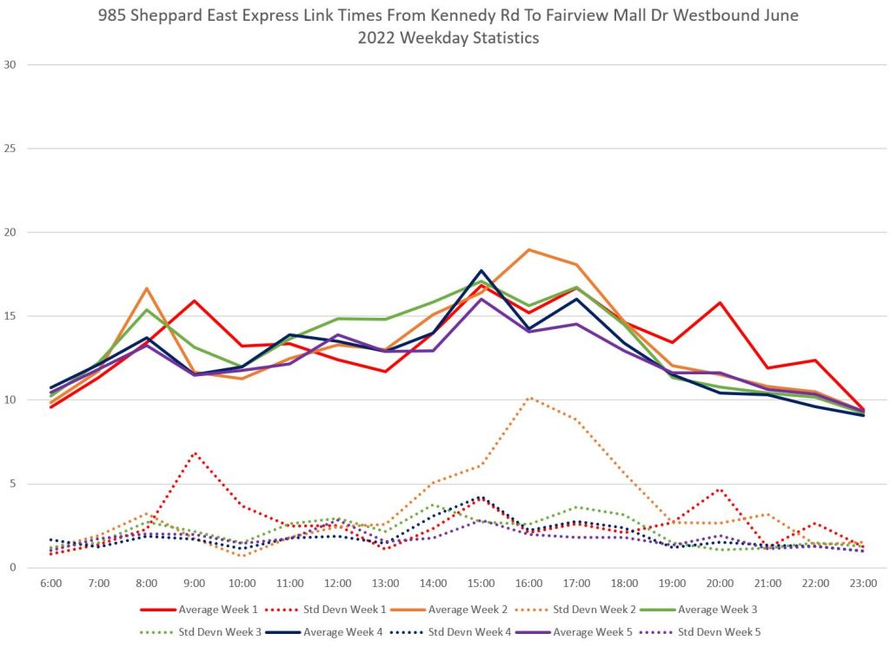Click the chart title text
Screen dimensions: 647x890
coord(445,26)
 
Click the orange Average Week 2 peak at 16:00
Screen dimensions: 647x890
coord(528,250)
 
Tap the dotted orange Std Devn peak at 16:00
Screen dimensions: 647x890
coord(528,398)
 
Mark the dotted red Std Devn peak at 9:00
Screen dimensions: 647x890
coord(195,452)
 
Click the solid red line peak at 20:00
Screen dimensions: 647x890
coord(720,303)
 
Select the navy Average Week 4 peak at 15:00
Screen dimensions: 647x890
coord(481,270)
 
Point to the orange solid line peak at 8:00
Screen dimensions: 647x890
coord(147,288)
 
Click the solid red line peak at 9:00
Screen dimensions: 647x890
coord(195,300)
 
